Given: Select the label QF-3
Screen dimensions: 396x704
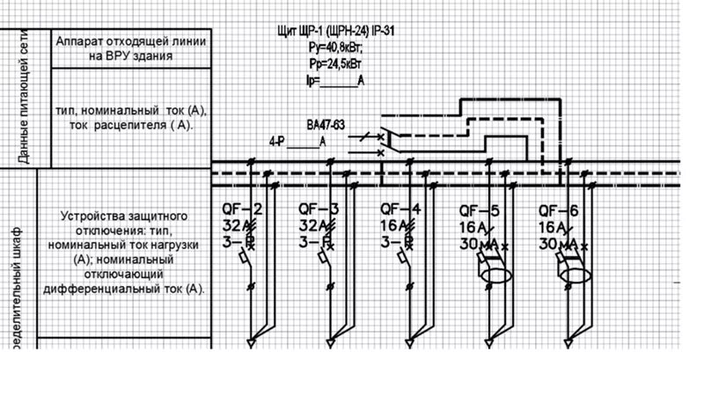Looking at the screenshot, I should pos(319,209).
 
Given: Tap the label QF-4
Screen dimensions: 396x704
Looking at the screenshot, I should pos(400,209).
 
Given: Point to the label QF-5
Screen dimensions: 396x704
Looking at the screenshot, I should pos(480,209).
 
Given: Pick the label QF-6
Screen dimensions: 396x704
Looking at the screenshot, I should pos(559,209).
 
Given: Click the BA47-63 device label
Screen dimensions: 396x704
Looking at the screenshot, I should pos(326,124).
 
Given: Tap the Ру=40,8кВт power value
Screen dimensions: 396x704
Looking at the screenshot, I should pos(334,50).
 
